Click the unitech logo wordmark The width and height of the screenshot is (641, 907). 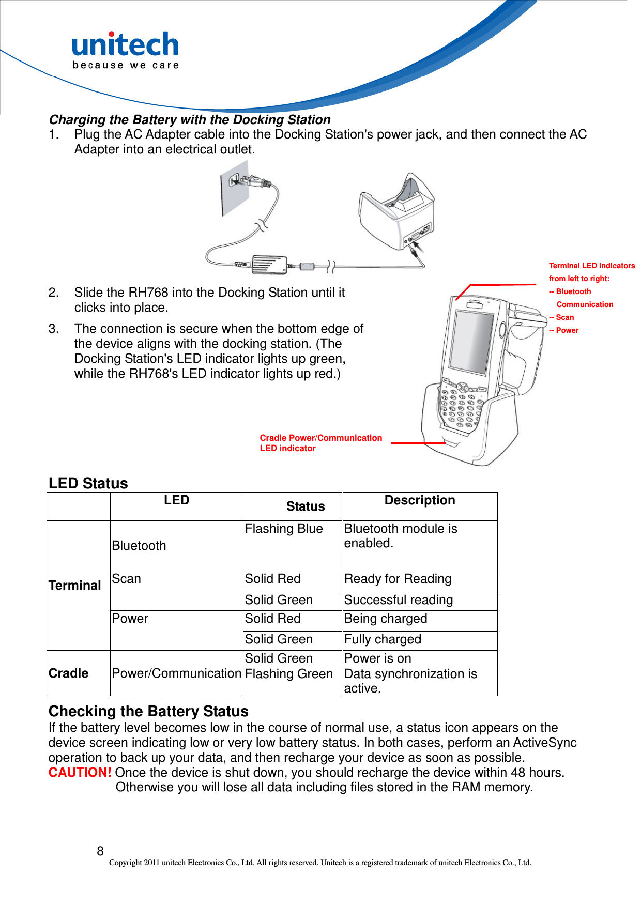coord(125,45)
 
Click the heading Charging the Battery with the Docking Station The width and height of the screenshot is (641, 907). coord(189,120)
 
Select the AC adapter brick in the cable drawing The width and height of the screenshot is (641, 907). coord(269,265)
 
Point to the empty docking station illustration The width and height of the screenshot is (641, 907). coord(397,212)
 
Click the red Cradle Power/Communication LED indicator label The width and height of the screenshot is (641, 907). coord(320,443)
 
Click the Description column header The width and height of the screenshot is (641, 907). coord(419,500)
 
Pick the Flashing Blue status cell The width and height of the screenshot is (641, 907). coord(284,529)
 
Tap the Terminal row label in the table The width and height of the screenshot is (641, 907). coord(75,586)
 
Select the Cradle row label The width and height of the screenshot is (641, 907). coord(68,673)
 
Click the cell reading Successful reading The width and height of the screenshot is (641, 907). coord(398,600)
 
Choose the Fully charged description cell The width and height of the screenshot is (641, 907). coord(383,639)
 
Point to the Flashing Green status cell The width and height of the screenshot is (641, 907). coord(288,674)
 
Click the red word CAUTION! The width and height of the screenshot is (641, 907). coord(80,773)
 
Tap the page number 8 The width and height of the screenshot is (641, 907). coord(100,851)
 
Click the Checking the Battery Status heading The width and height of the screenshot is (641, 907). coord(148,712)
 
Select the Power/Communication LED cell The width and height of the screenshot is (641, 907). coord(176,673)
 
